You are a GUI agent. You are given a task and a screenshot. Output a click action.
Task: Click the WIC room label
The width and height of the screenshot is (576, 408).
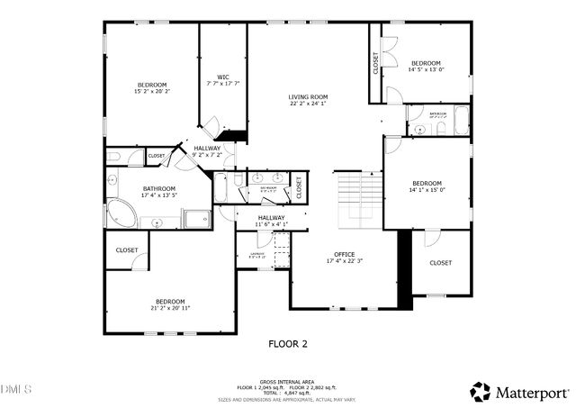pyautogui.click(x=223, y=77)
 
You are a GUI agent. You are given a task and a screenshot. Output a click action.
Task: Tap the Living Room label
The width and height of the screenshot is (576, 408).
pyautogui.click(x=308, y=97)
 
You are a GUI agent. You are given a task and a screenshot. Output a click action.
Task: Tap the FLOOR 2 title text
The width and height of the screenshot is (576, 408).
pyautogui.click(x=288, y=343)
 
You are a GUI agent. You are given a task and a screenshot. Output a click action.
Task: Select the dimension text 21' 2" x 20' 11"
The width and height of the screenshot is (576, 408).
pyautogui.click(x=170, y=308)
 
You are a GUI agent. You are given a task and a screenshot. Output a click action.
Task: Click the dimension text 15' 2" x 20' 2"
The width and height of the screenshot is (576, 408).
pyautogui.click(x=152, y=91)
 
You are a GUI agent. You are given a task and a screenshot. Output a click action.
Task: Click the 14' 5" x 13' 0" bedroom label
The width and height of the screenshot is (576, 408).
pyautogui.click(x=426, y=69)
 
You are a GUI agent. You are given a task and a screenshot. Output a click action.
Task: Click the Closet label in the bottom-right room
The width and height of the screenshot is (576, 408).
pyautogui.click(x=440, y=263)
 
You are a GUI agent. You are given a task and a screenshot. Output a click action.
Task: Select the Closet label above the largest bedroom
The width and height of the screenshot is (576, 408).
pyautogui.click(x=126, y=249)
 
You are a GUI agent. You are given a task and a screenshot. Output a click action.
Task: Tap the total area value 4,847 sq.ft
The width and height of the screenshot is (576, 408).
pyautogui.click(x=298, y=393)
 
